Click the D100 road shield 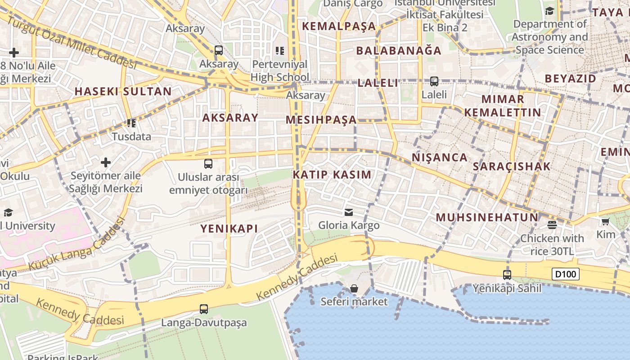(565, 274)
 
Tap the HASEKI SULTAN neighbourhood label (123, 91)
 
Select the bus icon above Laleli (434, 81)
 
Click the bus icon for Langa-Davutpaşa (204, 309)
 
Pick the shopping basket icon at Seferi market (354, 288)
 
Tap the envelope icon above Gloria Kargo (349, 212)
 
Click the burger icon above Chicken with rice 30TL (552, 225)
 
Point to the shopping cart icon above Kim (605, 221)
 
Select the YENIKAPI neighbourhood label (229, 229)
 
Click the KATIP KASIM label (333, 175)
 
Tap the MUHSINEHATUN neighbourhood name (487, 218)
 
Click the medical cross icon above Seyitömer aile (106, 162)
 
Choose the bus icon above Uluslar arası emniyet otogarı (208, 163)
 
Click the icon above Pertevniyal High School (280, 51)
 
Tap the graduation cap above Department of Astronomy (549, 11)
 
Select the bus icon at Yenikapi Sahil (507, 274)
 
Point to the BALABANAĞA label (399, 50)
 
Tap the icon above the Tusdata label (131, 123)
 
